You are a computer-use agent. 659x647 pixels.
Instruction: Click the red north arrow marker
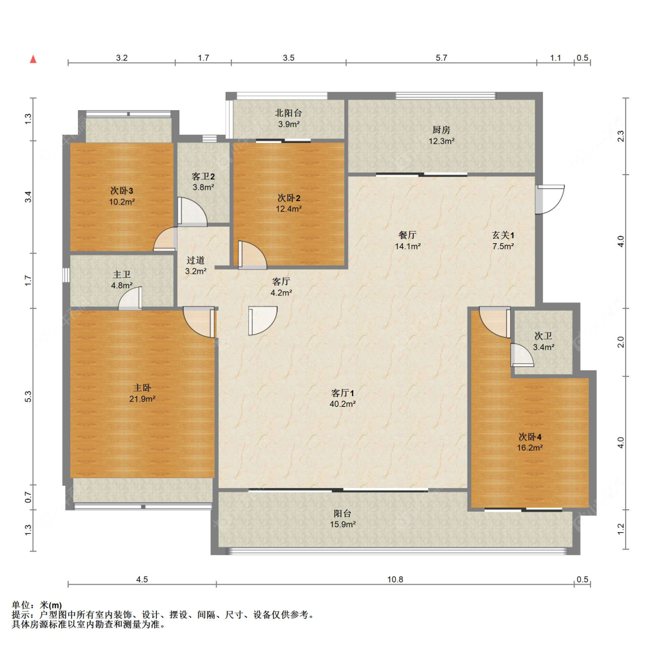click(33, 59)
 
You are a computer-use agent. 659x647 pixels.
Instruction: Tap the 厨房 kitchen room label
click(441, 130)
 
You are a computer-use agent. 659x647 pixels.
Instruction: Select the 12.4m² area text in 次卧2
click(289, 209)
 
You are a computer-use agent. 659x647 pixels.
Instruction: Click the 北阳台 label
click(289, 113)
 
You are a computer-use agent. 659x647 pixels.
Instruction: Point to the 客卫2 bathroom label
click(203, 176)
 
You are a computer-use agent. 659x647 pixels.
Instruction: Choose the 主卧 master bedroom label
click(142, 388)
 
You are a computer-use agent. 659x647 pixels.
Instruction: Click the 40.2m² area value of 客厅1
click(343, 404)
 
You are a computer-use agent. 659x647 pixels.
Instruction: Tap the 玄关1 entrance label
click(503, 235)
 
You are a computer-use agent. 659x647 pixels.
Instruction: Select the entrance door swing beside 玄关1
click(551, 199)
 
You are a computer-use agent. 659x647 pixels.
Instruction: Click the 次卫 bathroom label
click(543, 336)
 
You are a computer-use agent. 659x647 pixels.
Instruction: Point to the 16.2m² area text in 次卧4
click(530, 448)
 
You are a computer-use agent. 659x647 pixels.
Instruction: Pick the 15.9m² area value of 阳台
click(343, 525)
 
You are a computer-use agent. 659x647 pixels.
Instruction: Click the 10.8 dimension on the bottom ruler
click(395, 580)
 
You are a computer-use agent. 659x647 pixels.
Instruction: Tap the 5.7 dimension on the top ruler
click(441, 58)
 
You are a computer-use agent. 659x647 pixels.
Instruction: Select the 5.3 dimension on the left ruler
click(28, 397)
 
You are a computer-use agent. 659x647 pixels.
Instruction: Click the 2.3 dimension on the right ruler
click(621, 136)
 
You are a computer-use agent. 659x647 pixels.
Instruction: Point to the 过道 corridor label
click(196, 260)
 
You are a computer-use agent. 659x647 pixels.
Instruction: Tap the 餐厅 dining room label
click(407, 235)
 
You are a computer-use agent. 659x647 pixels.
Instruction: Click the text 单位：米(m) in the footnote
click(37, 605)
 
